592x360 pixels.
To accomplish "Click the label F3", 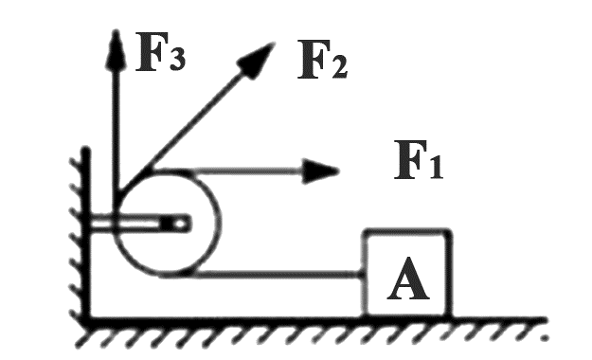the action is pos(161,52).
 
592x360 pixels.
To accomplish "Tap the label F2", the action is pos(323,60).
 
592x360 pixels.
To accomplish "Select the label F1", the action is pos(419,159).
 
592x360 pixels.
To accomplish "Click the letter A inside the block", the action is pos(408,279).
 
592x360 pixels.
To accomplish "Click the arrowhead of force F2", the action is pos(256,60).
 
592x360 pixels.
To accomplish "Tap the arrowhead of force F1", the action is pos(320,171).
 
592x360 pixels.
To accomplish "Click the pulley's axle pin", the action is pos(181,224).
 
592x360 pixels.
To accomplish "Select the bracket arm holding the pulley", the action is pos(139,224).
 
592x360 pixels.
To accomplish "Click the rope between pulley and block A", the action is pos(278,274).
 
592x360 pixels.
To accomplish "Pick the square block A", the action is pos(407,273).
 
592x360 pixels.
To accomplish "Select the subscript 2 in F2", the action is pos(339,67).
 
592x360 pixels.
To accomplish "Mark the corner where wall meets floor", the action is pos(87,320).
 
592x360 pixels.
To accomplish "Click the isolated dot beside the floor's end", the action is pos(544,337).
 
